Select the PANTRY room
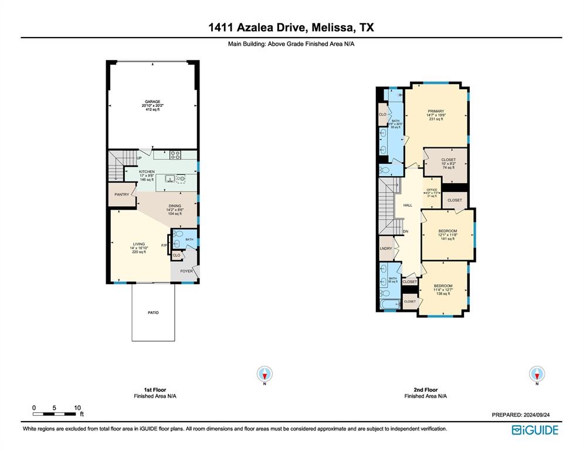pyautogui.click(x=122, y=194)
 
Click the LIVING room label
pyautogui.click(x=139, y=244)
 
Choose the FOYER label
pyautogui.click(x=186, y=271)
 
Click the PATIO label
pyautogui.click(x=152, y=312)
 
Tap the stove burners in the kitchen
pyautogui.click(x=175, y=155)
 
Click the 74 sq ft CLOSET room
pyautogui.click(x=448, y=163)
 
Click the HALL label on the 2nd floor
pyautogui.click(x=408, y=205)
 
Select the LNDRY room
pyautogui.click(x=385, y=249)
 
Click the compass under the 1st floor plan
pyautogui.click(x=266, y=373)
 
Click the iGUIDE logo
pyautogui.click(x=535, y=430)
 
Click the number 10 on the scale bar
pyautogui.click(x=77, y=408)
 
